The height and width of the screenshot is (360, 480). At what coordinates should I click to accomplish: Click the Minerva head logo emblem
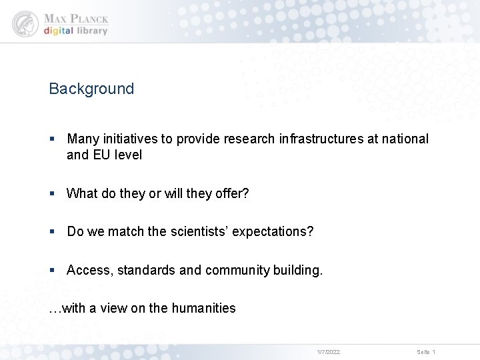25,24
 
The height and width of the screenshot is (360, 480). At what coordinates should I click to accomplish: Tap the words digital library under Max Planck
75,31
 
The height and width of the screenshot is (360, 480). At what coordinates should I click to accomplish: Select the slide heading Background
91,89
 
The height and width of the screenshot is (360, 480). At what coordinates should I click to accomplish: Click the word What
82,193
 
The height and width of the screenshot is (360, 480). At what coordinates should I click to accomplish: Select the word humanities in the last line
203,308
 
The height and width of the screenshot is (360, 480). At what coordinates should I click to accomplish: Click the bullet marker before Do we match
53,232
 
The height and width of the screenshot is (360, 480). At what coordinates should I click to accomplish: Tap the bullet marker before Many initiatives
53,139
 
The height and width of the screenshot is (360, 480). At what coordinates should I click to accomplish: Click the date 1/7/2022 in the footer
328,351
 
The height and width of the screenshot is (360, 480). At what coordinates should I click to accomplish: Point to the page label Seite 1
426,351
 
